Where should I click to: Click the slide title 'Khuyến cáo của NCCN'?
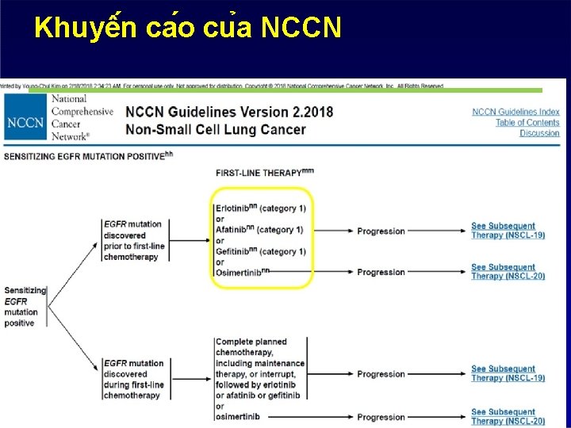pyautogui.click(x=188, y=29)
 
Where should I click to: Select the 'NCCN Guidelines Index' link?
pyautogui.click(x=515, y=112)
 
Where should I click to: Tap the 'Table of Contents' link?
pyautogui.click(x=527, y=122)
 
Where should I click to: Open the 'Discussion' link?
pyautogui.click(x=539, y=132)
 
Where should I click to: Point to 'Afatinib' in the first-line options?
pyautogui.click(x=233, y=230)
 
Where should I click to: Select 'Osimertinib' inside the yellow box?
pyautogui.click(x=240, y=272)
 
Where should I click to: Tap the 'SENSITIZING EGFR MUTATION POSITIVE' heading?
pyautogui.click(x=84, y=156)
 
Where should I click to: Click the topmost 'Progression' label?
pyautogui.click(x=381, y=231)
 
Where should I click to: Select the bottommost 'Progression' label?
pyautogui.click(x=381, y=417)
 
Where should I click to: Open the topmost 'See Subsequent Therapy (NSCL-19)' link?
pyautogui.click(x=508, y=231)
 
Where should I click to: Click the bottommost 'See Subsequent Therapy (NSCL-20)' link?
pyautogui.click(x=508, y=416)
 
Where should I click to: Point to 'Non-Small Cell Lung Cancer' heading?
pyautogui.click(x=215, y=129)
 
